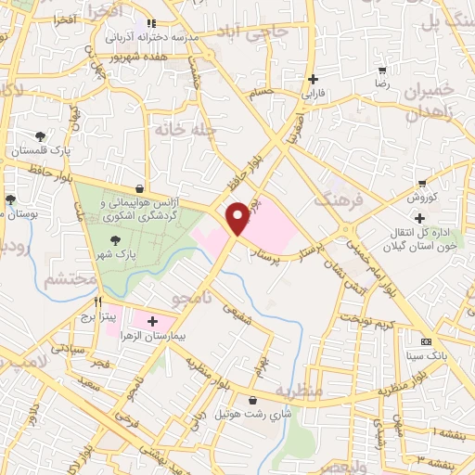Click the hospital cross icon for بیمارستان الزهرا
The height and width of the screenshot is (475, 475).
pos(178,321)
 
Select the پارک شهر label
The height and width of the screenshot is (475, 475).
pos(118,252)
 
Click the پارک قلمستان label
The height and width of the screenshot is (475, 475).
pos(34,149)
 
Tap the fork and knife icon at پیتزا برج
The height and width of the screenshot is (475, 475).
pos(96,302)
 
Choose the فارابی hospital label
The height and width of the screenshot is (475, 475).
pos(313,94)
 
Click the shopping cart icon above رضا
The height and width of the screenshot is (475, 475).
pos(382,71)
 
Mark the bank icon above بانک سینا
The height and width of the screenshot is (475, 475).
pos(426,340)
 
